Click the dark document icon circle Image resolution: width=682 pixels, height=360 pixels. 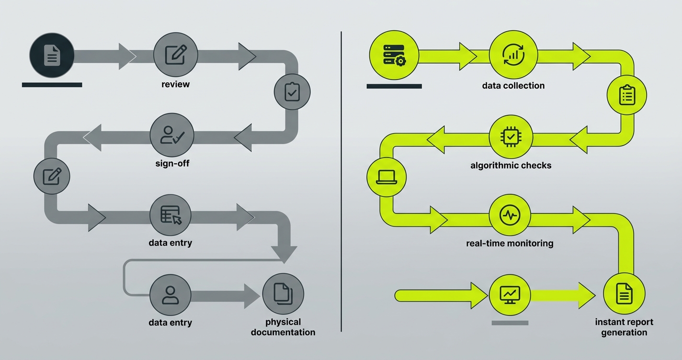[x=52, y=56]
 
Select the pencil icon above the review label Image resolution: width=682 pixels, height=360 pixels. [x=175, y=56]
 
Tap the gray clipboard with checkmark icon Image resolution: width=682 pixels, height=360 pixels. [x=292, y=92]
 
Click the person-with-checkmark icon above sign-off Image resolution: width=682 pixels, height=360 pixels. [x=171, y=135]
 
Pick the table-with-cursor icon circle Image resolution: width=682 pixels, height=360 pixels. [x=170, y=215]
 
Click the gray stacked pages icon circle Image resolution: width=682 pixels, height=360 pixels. [x=283, y=294]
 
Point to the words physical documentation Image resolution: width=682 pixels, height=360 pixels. [x=283, y=327]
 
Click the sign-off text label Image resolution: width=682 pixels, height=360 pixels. [x=172, y=164]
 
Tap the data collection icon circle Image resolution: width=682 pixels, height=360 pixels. [x=513, y=56]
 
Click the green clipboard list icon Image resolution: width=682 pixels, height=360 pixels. [x=626, y=96]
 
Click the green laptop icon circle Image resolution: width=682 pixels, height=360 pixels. [x=386, y=177]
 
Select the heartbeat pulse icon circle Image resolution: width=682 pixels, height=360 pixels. [x=510, y=215]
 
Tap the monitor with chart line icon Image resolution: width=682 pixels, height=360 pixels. [x=510, y=294]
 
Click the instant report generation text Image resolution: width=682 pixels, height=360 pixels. [x=624, y=327]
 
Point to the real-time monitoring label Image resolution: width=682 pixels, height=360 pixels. [x=510, y=243]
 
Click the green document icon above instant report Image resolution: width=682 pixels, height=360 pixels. [x=624, y=294]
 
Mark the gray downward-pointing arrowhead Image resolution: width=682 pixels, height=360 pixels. [x=284, y=254]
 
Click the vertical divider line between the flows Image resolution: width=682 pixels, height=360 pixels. [x=341, y=182]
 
